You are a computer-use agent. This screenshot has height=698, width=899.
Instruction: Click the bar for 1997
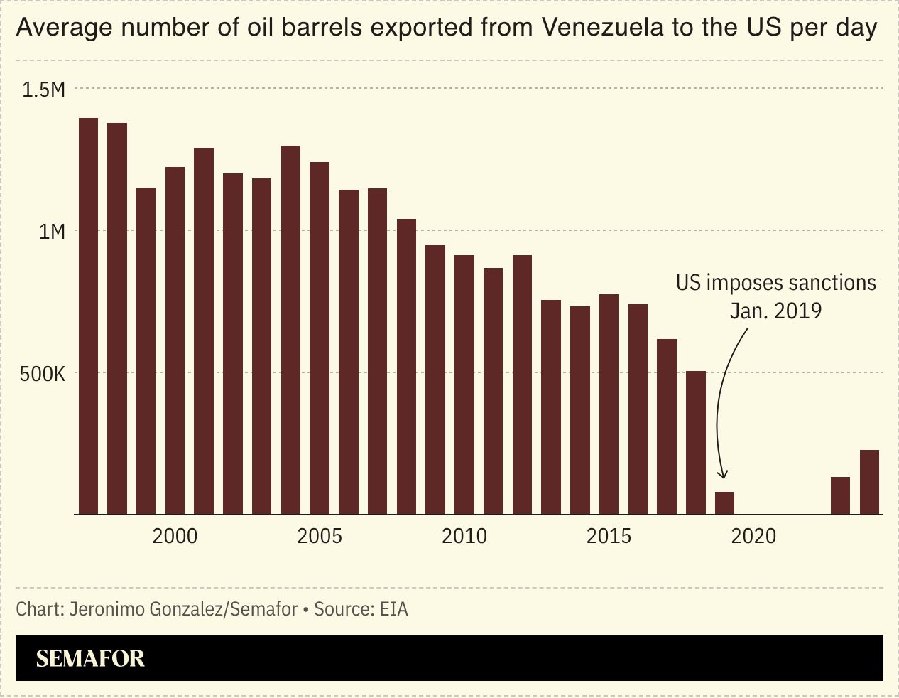(88, 316)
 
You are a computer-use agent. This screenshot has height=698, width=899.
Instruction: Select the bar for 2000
(175, 340)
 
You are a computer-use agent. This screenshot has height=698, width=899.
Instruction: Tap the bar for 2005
(320, 338)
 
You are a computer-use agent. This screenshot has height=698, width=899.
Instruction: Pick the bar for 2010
(464, 385)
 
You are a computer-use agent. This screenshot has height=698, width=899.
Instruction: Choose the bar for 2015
(609, 404)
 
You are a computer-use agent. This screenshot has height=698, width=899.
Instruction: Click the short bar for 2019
(724, 503)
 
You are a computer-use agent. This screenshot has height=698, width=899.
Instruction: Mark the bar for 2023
(840, 495)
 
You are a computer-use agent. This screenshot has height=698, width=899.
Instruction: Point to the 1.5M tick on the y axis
(43, 90)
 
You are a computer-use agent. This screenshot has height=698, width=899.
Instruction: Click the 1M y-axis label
(51, 232)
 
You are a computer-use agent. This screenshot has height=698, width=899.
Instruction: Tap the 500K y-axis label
(42, 374)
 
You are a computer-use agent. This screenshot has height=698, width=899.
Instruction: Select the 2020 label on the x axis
(753, 536)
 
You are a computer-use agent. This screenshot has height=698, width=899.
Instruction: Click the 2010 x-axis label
(464, 536)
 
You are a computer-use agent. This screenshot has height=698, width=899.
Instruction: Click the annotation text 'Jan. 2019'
(775, 311)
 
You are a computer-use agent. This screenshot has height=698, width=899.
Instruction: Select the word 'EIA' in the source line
(393, 609)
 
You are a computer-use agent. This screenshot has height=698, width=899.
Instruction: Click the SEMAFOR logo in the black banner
(90, 658)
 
